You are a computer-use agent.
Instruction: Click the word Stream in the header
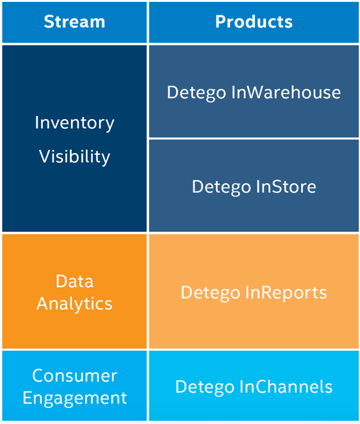(74, 22)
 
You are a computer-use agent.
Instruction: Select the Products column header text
(254, 22)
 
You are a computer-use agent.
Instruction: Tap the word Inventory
(74, 124)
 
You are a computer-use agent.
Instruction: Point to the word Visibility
(74, 156)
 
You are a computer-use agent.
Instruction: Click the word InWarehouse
(286, 92)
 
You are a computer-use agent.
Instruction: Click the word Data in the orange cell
(75, 281)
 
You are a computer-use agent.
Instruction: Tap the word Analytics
(74, 304)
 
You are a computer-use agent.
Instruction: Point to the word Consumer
(75, 375)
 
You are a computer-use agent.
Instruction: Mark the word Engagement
(75, 398)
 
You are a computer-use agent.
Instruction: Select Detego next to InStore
(221, 188)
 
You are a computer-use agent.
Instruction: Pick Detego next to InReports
(211, 293)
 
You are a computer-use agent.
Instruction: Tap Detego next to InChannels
(205, 387)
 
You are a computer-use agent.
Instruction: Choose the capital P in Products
(221, 22)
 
